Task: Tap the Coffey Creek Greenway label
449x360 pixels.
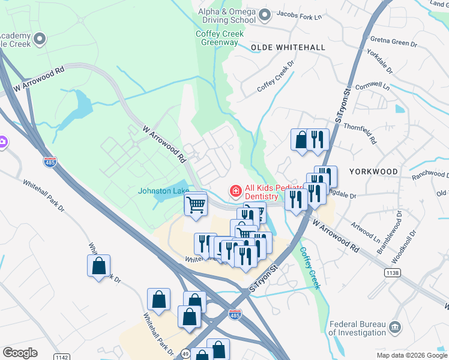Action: tap(220, 38)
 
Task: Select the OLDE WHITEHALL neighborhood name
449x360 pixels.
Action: tap(288, 47)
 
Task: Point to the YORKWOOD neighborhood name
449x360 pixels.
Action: tap(373, 172)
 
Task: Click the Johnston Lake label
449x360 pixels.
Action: tap(164, 191)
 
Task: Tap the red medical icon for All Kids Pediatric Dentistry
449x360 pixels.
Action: tap(236, 191)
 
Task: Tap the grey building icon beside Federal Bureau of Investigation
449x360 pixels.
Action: tap(395, 328)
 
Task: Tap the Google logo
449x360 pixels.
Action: tap(20, 353)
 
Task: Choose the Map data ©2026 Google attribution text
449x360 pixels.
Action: tap(411, 355)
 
